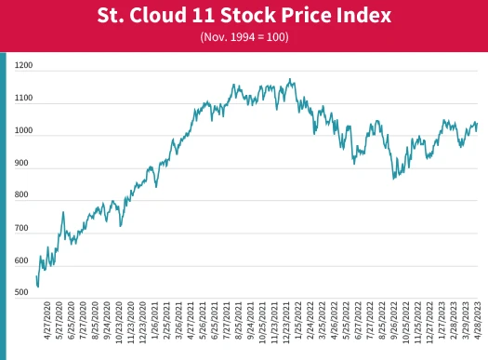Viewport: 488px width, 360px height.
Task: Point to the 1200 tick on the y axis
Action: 23,66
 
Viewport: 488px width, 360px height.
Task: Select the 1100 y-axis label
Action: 23,99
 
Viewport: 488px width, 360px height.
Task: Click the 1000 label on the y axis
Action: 23,131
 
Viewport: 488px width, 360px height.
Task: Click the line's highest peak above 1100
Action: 291,79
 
